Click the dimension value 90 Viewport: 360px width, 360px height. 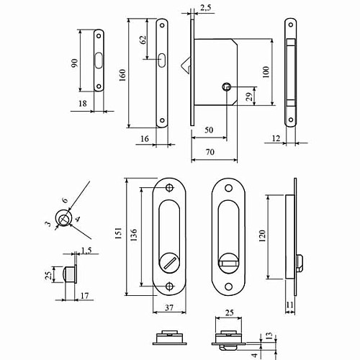[74, 64]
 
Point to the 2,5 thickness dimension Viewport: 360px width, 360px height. [204, 7]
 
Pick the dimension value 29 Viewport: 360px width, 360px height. [248, 96]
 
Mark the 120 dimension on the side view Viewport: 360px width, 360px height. [262, 236]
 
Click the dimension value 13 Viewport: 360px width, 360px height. [269, 336]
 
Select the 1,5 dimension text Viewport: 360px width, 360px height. [86, 250]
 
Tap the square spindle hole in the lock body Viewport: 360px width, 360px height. [227, 87]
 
